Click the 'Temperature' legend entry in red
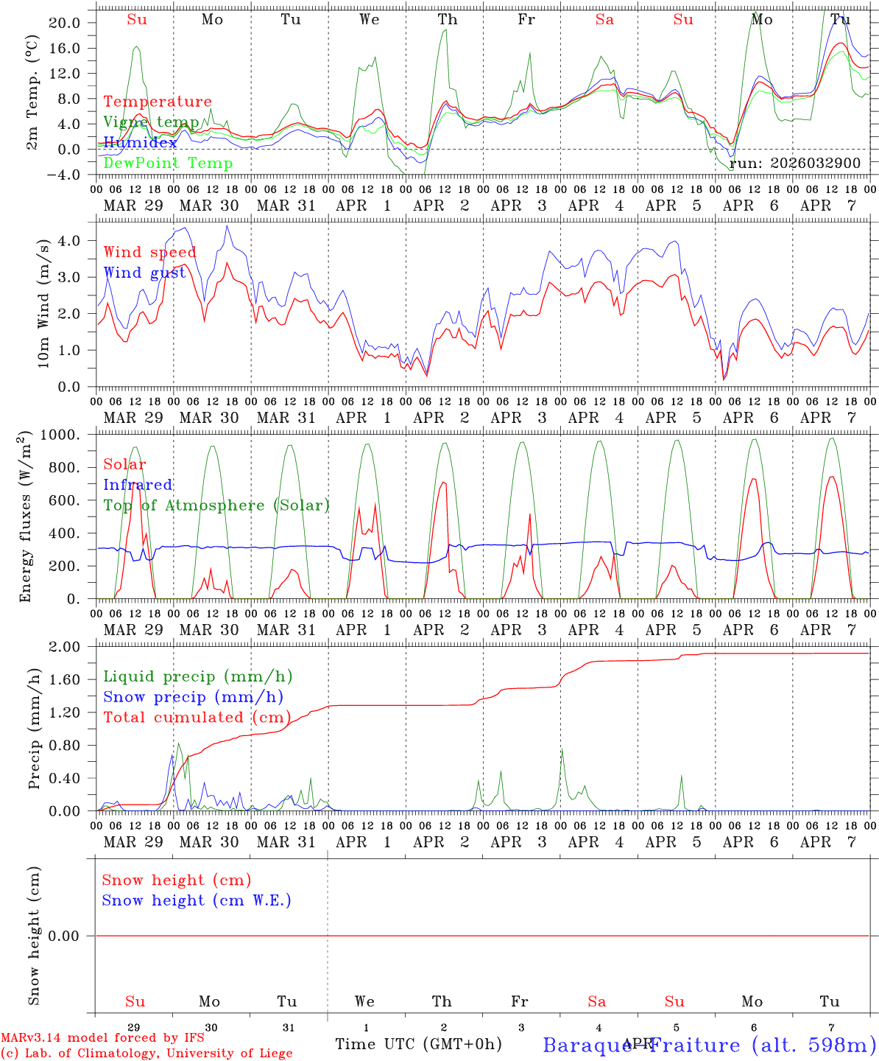click(158, 102)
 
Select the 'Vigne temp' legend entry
click(151, 122)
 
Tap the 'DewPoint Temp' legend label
click(168, 163)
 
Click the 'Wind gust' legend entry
click(144, 273)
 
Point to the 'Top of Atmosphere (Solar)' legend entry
click(216, 505)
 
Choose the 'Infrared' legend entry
click(138, 485)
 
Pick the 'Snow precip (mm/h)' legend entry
click(193, 697)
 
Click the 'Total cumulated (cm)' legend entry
click(197, 717)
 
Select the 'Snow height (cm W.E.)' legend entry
click(197, 900)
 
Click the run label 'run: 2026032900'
click(795, 163)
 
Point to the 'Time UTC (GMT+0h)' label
click(418, 1044)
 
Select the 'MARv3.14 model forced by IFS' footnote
click(102, 1038)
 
